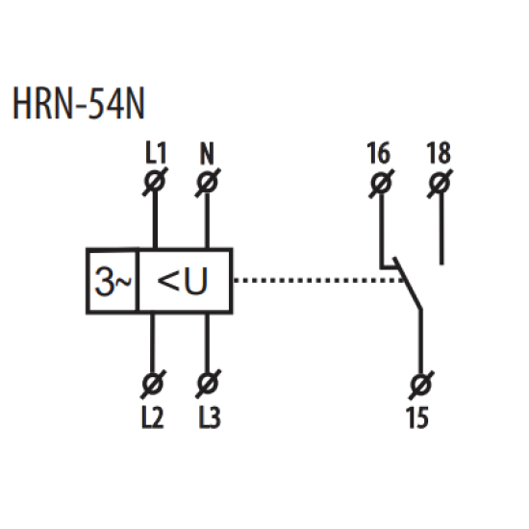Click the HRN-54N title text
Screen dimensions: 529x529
(79, 103)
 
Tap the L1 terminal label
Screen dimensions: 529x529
(156, 153)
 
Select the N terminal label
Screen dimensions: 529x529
(207, 154)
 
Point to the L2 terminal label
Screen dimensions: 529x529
(153, 417)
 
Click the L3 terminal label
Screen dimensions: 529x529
(210, 417)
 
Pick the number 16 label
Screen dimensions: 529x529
(379, 153)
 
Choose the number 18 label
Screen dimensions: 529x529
(439, 153)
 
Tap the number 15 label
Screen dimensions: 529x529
(418, 417)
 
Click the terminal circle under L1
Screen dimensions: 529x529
(155, 181)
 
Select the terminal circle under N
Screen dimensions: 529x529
(208, 183)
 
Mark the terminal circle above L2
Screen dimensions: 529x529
(153, 384)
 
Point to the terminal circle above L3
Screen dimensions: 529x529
(208, 384)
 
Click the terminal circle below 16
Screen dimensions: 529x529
(381, 184)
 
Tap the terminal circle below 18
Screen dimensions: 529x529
(440, 184)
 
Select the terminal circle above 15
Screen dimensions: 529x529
(421, 386)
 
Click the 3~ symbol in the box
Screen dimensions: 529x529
(113, 281)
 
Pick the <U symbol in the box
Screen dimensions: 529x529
(182, 281)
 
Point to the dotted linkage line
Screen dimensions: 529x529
(318, 280)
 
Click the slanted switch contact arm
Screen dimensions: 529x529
(408, 284)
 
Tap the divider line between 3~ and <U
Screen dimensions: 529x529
(138, 281)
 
